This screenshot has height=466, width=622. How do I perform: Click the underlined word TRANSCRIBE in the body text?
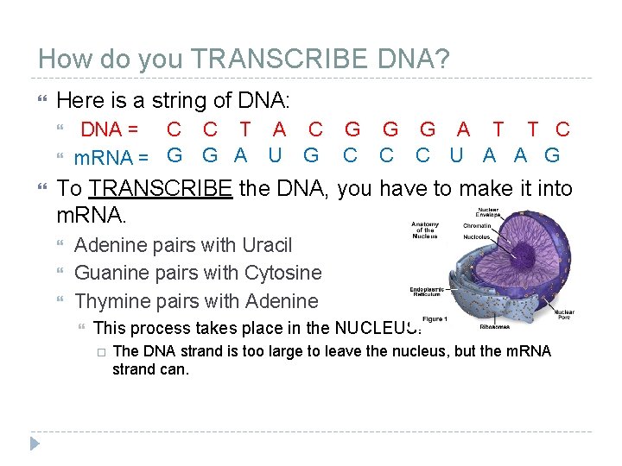point(161,188)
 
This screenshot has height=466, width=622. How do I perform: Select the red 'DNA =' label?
point(110,130)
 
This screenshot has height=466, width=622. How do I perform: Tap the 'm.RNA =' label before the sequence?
point(111,158)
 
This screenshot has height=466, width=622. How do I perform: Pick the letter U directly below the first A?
point(276,156)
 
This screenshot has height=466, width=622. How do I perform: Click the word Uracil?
point(267,245)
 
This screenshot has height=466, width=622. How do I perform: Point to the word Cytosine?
point(283,274)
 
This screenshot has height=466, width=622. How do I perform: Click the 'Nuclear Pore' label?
point(565,314)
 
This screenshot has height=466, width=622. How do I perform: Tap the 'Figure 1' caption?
point(434,319)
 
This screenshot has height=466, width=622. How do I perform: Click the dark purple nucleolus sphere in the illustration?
point(521,254)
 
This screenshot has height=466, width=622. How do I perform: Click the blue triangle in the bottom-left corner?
point(34,445)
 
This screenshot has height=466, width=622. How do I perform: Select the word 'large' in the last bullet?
point(282,350)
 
